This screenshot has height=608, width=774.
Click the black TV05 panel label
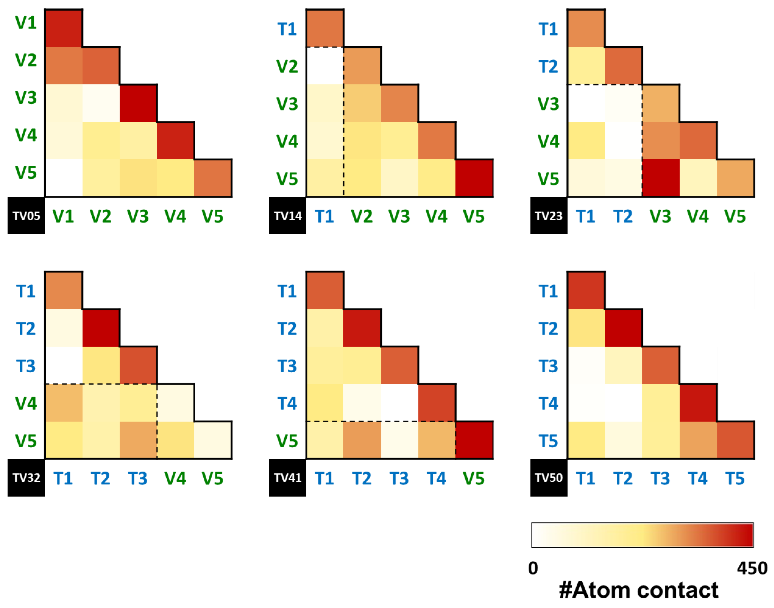[x=26, y=215]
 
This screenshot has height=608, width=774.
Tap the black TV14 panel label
[x=287, y=215]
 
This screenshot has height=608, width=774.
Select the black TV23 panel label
[x=549, y=215]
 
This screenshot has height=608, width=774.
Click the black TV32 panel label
[x=26, y=477]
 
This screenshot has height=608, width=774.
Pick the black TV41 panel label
[x=287, y=477]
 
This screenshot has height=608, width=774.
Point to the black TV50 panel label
[x=549, y=477]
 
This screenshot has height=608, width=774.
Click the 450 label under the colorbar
[x=752, y=568]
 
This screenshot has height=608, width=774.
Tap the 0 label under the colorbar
[x=533, y=568]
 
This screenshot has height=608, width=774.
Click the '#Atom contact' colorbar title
[x=638, y=590]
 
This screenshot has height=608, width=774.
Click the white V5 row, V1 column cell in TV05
[x=64, y=178]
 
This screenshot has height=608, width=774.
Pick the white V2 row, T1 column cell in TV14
[x=324, y=66]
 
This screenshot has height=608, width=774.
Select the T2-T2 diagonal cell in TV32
[x=101, y=328]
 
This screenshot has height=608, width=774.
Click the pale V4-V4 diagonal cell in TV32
[x=176, y=403]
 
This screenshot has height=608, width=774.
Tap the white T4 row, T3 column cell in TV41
[x=400, y=403]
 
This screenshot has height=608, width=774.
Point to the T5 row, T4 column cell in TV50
[x=698, y=440]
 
